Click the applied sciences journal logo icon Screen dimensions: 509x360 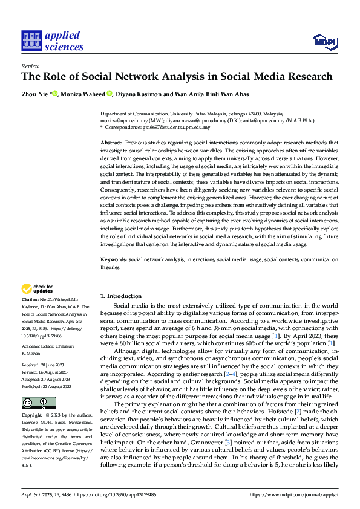[x=30, y=41]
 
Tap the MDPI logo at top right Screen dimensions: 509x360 [x=324, y=41]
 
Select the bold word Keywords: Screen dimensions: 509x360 [x=114, y=259]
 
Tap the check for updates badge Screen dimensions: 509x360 [x=37, y=289]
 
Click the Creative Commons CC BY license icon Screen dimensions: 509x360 [x=38, y=403]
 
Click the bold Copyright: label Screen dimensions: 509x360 [x=32, y=416]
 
